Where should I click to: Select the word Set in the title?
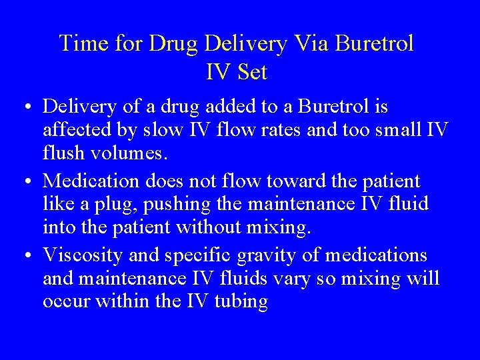pos(251,71)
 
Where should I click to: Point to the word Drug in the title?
pos(174,44)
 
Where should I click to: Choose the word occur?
pos(67,301)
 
